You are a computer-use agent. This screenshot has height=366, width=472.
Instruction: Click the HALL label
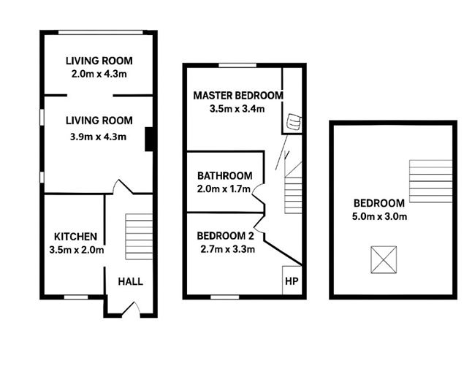coord(130,282)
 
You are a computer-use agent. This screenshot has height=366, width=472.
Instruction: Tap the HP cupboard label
coord(292,281)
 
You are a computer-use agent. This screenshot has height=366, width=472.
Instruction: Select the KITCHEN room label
coord(75,237)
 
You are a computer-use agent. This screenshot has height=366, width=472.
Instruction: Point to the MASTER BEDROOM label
coord(238,96)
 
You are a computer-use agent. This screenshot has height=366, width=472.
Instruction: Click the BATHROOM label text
coord(225,176)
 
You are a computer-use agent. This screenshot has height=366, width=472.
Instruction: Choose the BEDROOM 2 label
coord(226,236)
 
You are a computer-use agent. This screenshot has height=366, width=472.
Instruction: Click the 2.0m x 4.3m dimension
coord(99,74)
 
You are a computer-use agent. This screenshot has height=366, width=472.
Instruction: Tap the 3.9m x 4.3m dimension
coord(98,137)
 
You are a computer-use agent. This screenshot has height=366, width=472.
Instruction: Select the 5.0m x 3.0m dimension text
coord(379,216)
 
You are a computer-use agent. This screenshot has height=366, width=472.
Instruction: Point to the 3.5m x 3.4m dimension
coord(237,109)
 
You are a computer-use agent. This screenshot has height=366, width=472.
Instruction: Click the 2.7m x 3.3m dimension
coord(227,249)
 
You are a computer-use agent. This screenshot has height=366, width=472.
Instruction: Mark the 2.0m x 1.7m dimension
coord(224,189)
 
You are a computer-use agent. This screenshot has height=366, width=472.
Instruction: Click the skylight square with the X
coord(384,260)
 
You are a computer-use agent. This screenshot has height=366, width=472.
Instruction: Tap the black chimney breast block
coord(149,139)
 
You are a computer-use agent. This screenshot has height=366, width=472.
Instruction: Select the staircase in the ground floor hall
coord(139,237)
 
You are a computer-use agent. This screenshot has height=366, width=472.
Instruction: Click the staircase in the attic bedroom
coord(430,181)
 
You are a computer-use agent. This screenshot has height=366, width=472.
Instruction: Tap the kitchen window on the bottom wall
coord(76,297)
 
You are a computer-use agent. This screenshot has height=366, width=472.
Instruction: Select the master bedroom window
coord(237,65)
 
